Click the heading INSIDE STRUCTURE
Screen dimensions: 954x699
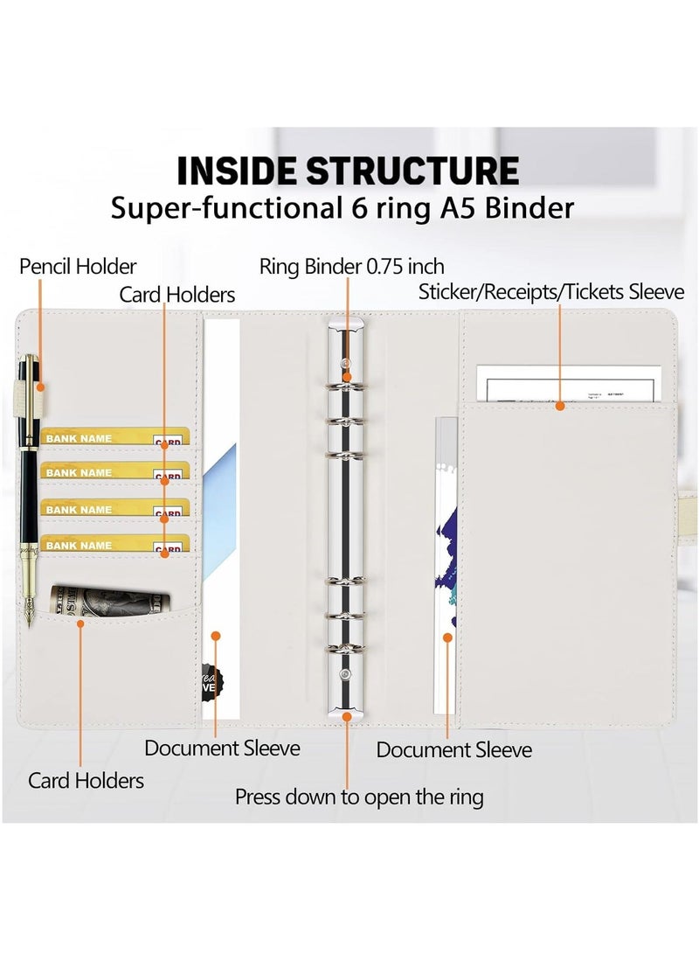348,171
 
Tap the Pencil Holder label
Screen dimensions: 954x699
78,266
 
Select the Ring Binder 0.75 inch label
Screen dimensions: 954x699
351,266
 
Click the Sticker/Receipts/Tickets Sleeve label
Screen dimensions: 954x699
551,291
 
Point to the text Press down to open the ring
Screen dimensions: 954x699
359,797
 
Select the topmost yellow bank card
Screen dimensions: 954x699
114,436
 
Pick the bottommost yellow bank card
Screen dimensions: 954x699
114,544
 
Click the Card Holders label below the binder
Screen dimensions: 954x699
86,780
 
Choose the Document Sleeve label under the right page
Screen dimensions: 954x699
453,749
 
